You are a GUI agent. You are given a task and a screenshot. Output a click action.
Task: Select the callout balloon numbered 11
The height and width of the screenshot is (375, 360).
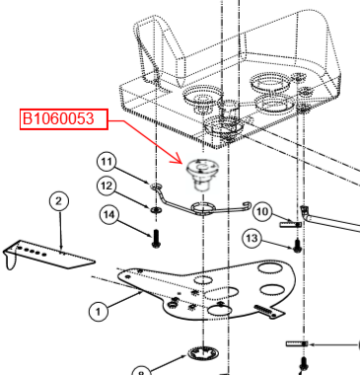click(x=107, y=163)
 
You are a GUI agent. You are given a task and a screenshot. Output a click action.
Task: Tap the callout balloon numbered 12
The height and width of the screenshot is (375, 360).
click(x=107, y=187)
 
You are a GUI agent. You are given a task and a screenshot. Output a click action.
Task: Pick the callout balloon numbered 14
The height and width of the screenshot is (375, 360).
click(x=108, y=215)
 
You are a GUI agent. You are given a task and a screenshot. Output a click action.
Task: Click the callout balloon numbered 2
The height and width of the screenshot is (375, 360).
click(x=58, y=201)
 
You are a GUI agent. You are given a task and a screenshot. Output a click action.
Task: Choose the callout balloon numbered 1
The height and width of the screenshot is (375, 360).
click(x=99, y=311)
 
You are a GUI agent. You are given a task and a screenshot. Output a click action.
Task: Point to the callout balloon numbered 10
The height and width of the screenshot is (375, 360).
click(x=262, y=211)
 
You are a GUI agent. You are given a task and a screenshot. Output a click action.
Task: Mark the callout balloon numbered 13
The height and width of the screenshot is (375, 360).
click(x=252, y=239)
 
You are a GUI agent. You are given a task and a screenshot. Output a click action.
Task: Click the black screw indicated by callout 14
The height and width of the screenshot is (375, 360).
click(x=156, y=239)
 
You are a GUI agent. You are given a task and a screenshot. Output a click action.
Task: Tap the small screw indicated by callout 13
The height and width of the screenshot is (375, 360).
click(x=298, y=246)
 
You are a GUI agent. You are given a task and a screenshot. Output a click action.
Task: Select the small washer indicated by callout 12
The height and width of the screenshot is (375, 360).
click(x=155, y=209)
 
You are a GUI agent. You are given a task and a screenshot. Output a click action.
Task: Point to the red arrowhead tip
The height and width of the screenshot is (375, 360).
click(x=181, y=163)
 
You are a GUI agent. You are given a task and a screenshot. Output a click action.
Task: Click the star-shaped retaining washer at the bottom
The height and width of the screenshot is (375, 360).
click(x=203, y=354)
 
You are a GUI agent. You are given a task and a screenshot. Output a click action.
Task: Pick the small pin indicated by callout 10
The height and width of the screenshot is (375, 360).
click(x=291, y=225)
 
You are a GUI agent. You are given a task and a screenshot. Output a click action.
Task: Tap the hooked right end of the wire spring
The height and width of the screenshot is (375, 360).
click(x=249, y=205)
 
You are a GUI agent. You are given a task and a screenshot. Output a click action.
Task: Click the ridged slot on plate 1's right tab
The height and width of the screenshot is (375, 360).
click(x=263, y=310)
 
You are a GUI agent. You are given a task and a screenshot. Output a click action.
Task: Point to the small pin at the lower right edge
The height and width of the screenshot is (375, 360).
click(x=297, y=344)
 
